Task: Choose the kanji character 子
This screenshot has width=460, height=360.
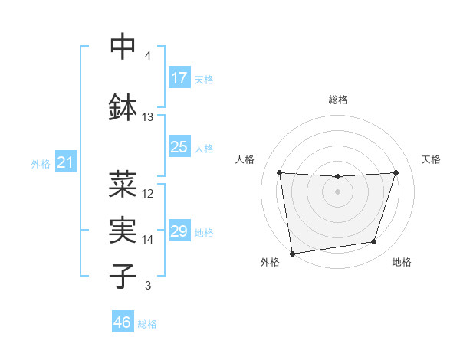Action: click(x=123, y=275)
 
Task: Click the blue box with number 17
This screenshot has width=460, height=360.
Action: click(x=179, y=78)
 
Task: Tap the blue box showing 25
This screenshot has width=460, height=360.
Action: click(x=179, y=146)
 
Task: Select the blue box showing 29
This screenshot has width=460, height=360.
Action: click(x=179, y=231)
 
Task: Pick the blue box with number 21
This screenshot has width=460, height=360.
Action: click(x=65, y=163)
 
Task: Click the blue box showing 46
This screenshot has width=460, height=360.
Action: click(x=123, y=322)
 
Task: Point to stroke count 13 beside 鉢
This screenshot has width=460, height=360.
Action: click(x=148, y=117)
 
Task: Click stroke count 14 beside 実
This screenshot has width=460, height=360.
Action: click(x=148, y=240)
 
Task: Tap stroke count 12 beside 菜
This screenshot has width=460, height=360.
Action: click(x=148, y=194)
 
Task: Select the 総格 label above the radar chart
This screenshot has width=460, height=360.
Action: click(x=337, y=100)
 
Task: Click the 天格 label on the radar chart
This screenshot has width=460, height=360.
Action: click(x=432, y=159)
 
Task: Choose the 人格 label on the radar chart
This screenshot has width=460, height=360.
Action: click(x=245, y=159)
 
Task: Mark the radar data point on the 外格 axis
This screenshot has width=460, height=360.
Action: click(x=292, y=253)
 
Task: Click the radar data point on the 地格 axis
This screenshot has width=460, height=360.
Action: click(x=374, y=242)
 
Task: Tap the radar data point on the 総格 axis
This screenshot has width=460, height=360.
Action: click(x=337, y=176)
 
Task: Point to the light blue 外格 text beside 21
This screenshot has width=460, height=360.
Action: click(x=41, y=164)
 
